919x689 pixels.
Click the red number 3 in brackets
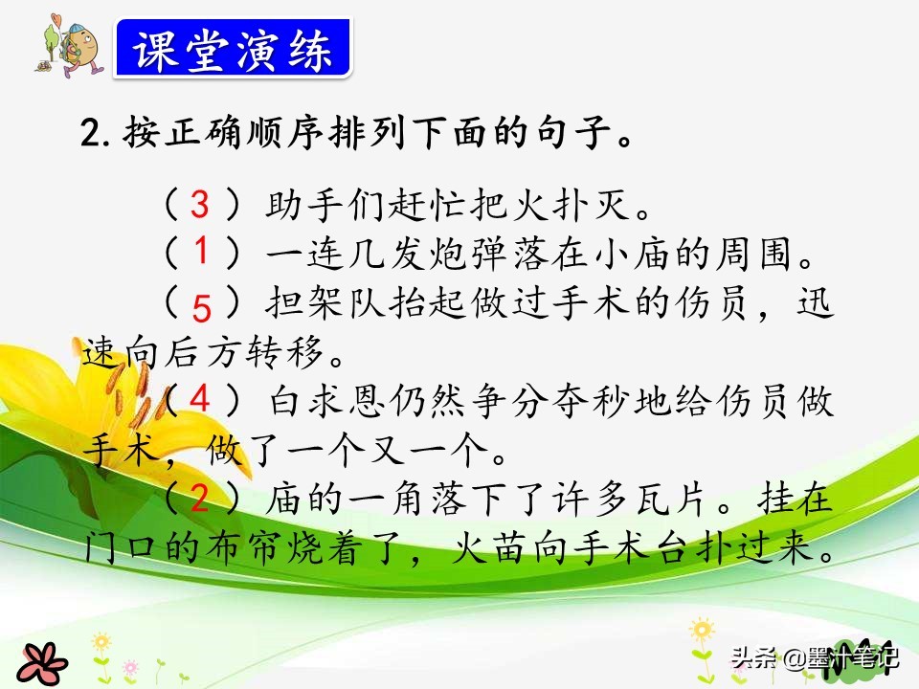pos(200,205)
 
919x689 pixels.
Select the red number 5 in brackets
pos(201,308)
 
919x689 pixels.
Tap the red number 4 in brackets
pos(200,399)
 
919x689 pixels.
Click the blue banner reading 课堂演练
pos(233,48)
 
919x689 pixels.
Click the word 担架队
pos(325,303)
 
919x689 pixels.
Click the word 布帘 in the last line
pos(243,548)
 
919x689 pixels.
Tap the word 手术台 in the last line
pos(633,548)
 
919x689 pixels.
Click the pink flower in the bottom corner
pos(42,664)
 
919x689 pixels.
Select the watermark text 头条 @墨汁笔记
pos(815,657)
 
